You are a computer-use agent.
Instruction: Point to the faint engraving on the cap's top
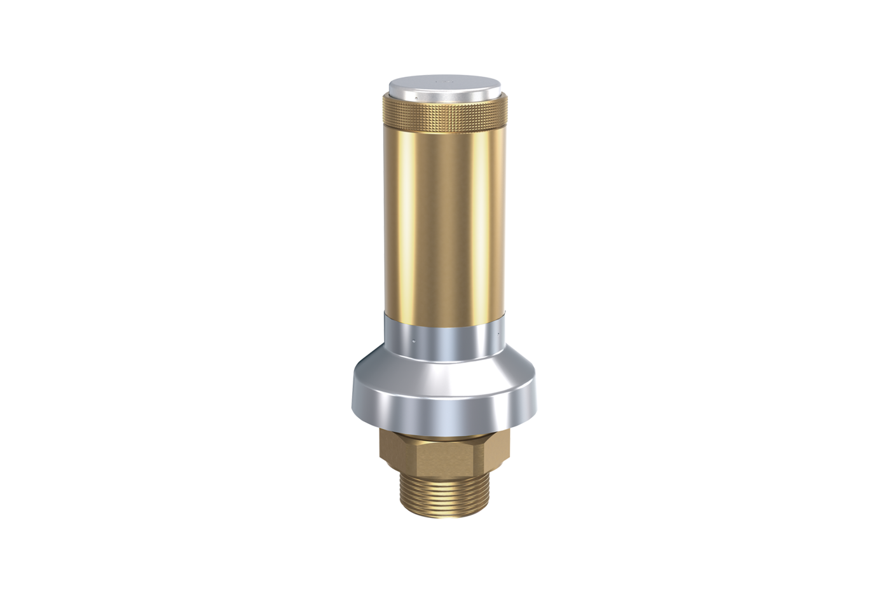[445, 81]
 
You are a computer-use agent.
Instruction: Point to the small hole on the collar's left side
[414, 341]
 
